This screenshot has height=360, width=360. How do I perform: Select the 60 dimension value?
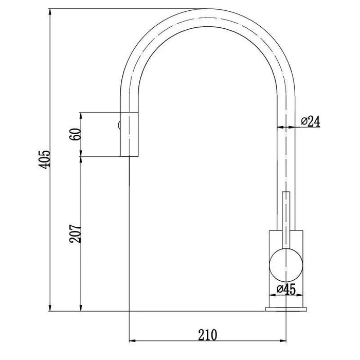[75, 134]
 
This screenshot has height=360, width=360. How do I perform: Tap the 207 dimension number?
[75, 233]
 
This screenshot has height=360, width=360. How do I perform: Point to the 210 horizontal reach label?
[207, 335]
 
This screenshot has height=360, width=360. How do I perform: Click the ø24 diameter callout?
[311, 121]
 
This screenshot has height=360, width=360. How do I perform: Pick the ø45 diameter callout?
[286, 289]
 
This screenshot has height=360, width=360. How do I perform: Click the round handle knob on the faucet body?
[286, 265]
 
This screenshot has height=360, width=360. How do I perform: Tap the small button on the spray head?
[119, 125]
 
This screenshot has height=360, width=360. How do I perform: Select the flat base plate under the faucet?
[286, 309]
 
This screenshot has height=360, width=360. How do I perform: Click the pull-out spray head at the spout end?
[129, 135]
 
